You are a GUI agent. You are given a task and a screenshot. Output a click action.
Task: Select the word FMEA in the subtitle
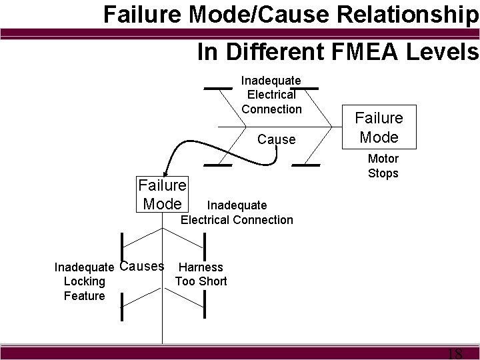coord(362,51)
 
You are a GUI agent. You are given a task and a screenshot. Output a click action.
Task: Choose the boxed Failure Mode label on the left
coord(162,193)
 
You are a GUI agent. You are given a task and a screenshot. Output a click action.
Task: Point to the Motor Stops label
coord(383,166)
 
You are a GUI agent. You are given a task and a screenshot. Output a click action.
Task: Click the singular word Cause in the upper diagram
coord(275,139)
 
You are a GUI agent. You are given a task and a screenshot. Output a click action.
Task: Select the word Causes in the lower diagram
coord(142,267)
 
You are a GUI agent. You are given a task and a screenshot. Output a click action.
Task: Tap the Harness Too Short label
coord(201,274)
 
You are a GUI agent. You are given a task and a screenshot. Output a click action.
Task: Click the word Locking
coord(84,281)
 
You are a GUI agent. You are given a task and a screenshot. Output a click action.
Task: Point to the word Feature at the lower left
coord(84,295)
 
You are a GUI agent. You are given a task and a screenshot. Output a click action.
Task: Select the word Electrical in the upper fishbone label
coord(271,95)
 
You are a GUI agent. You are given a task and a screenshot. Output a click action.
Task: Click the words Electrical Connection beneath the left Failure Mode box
coord(237,219)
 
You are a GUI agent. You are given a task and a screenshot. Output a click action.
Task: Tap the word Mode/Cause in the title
coord(204,14)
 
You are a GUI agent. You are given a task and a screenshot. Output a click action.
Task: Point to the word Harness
coord(201,267)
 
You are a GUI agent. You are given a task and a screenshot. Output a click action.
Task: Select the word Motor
coord(383,159)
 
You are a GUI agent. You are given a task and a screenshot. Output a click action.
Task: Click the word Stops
coord(383,173)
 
